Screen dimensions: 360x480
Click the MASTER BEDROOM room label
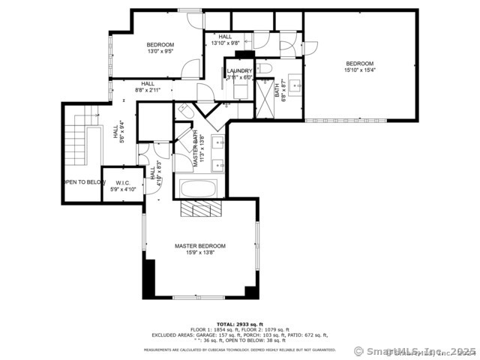(x=199, y=246)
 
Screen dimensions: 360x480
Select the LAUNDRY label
(x=239, y=70)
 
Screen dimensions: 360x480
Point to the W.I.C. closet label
(x=120, y=183)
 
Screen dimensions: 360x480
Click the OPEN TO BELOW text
(x=83, y=182)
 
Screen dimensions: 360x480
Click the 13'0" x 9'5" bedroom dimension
(x=160, y=52)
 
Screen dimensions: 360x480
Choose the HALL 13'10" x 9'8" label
(x=225, y=40)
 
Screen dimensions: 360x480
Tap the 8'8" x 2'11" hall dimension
(x=148, y=90)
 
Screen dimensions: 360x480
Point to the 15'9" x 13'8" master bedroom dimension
(x=199, y=253)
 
